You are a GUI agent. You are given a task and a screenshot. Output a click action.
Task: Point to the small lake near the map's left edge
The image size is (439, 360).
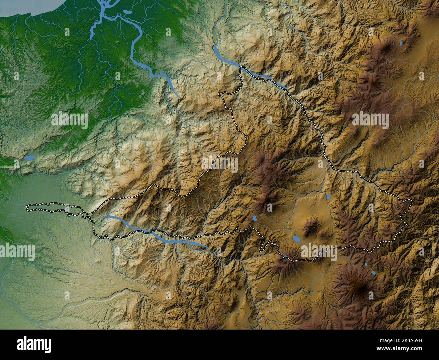30,158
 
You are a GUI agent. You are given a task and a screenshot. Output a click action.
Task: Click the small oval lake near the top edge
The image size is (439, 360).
128,12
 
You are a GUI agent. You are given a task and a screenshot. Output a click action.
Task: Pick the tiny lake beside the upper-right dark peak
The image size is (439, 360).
401,43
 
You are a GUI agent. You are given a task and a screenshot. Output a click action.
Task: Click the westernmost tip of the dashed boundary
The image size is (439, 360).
27,208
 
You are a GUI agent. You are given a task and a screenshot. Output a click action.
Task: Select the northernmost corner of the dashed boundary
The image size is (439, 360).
240,67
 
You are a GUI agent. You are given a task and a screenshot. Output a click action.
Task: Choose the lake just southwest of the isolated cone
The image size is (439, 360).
296,239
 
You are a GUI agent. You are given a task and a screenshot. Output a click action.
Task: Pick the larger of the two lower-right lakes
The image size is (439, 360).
373,272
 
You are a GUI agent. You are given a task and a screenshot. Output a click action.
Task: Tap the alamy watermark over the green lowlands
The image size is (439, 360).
69,121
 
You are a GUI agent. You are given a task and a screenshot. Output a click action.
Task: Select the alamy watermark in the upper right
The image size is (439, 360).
370,121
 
